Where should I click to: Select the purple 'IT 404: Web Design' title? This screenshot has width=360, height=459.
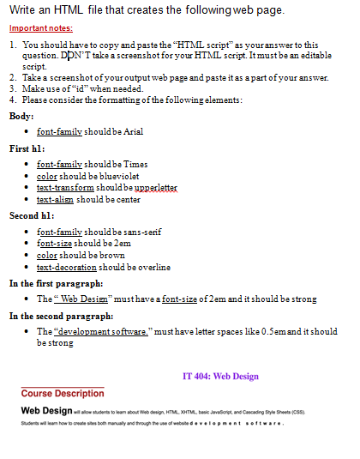coord(221,376)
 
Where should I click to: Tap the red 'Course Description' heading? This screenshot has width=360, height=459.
coord(63,393)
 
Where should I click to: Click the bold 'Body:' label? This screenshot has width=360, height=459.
coord(21,116)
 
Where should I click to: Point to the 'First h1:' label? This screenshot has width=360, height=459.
coord(27,148)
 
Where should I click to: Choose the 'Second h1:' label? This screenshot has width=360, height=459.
coord(32,215)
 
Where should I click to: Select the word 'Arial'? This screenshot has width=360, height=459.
coord(133,132)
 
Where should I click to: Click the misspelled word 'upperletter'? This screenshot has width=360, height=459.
coord(156,187)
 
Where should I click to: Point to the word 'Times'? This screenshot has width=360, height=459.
coord(135,164)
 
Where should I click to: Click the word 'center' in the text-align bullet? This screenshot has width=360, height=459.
coord(129,198)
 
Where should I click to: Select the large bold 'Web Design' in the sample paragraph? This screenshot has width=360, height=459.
coord(47,411)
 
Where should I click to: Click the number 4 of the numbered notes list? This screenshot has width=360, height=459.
coord(12,99)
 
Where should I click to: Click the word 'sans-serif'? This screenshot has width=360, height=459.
coord(143,232)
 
